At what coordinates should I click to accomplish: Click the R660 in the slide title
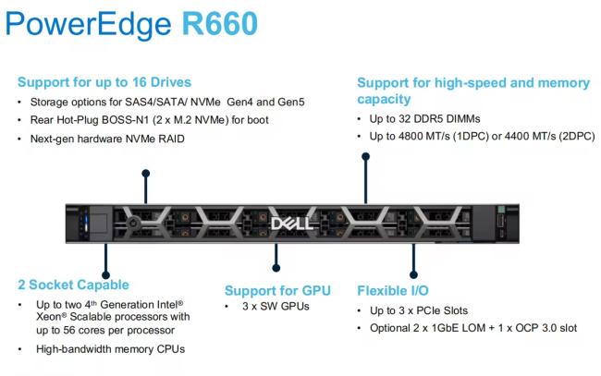pos(219,24)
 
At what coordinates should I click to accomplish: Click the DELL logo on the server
pos(291,224)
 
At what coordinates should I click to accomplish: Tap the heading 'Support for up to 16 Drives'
pos(104,82)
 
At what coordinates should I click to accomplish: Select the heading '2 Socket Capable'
pos(73,285)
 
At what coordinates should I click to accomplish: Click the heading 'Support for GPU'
pos(277,291)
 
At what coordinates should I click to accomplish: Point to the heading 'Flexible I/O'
pos(393,291)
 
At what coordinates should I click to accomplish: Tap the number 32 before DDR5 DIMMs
pos(404,118)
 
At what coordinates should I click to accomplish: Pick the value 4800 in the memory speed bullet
pos(411,137)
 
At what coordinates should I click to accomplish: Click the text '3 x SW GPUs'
pos(276,307)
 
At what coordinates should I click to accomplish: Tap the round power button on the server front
pos(133,223)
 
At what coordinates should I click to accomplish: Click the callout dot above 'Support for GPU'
pos(276,268)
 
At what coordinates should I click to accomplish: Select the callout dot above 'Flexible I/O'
pos(413,274)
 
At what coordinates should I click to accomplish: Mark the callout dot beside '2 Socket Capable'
pos(105,275)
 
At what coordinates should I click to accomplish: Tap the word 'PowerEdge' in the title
pos(88,25)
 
